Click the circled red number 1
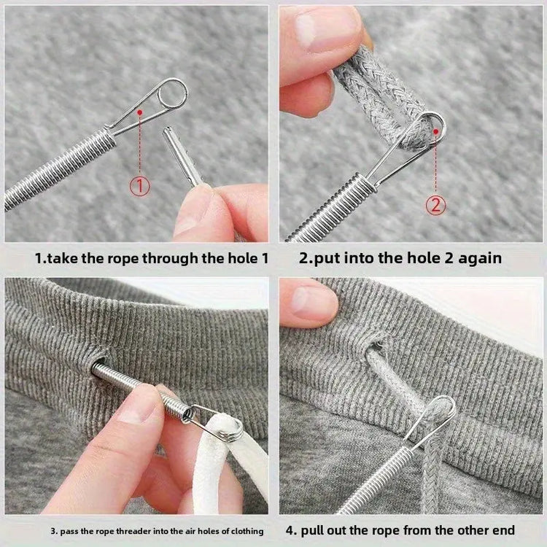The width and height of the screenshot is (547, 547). click(141, 186)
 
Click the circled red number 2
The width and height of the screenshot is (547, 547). click(436, 205)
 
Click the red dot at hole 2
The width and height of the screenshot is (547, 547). click(436, 131)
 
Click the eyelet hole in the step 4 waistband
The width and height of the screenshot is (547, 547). click(376, 342)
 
